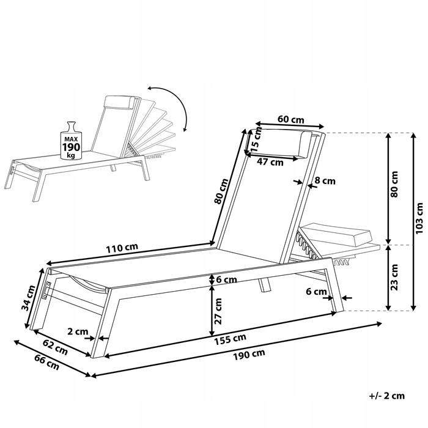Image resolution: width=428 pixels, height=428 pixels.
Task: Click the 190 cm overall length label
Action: coord(249,355)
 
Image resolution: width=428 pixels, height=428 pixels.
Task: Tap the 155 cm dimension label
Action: coord(230,339)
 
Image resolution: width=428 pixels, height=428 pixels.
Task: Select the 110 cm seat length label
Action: coord(122,248)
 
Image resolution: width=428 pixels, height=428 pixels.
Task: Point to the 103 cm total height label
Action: coord(419,218)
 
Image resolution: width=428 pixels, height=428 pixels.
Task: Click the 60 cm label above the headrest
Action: coord(290,119)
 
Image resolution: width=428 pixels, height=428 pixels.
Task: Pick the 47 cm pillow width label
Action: coord(270,162)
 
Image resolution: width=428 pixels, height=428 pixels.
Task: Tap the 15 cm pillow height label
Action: coord(256,140)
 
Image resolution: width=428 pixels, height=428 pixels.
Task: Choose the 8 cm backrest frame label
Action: coord(325,180)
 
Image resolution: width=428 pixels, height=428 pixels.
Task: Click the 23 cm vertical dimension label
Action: coord(394,278)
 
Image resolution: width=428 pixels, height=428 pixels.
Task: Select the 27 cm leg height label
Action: coord(218,311)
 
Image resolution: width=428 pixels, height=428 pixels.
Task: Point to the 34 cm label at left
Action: coord(29,298)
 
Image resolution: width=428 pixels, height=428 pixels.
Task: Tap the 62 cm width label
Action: coord(55,347)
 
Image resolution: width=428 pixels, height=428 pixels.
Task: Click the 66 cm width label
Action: coord(46,362)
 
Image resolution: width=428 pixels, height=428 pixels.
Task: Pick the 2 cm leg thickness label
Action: coord(78,331)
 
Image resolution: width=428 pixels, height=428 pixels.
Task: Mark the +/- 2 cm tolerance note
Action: coord(387,396)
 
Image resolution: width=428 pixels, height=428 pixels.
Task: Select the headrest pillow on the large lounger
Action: coord(306,146)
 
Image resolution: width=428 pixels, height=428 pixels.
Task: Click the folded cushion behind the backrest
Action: coord(338,235)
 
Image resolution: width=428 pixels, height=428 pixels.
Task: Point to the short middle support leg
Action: coord(265,285)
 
